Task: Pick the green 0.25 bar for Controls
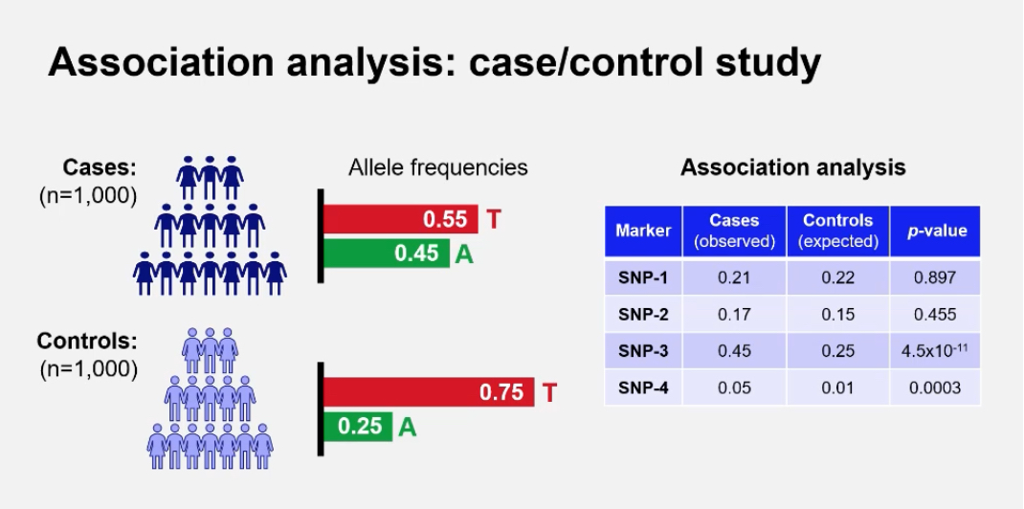(x=359, y=426)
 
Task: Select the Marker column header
(x=643, y=231)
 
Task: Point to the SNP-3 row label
(x=643, y=351)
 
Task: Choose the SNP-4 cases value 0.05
(x=734, y=387)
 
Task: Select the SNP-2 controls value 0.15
(x=838, y=314)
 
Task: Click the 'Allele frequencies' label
(x=437, y=167)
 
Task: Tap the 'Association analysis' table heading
(x=792, y=167)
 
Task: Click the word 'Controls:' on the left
(x=86, y=341)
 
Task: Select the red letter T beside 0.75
(x=549, y=392)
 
